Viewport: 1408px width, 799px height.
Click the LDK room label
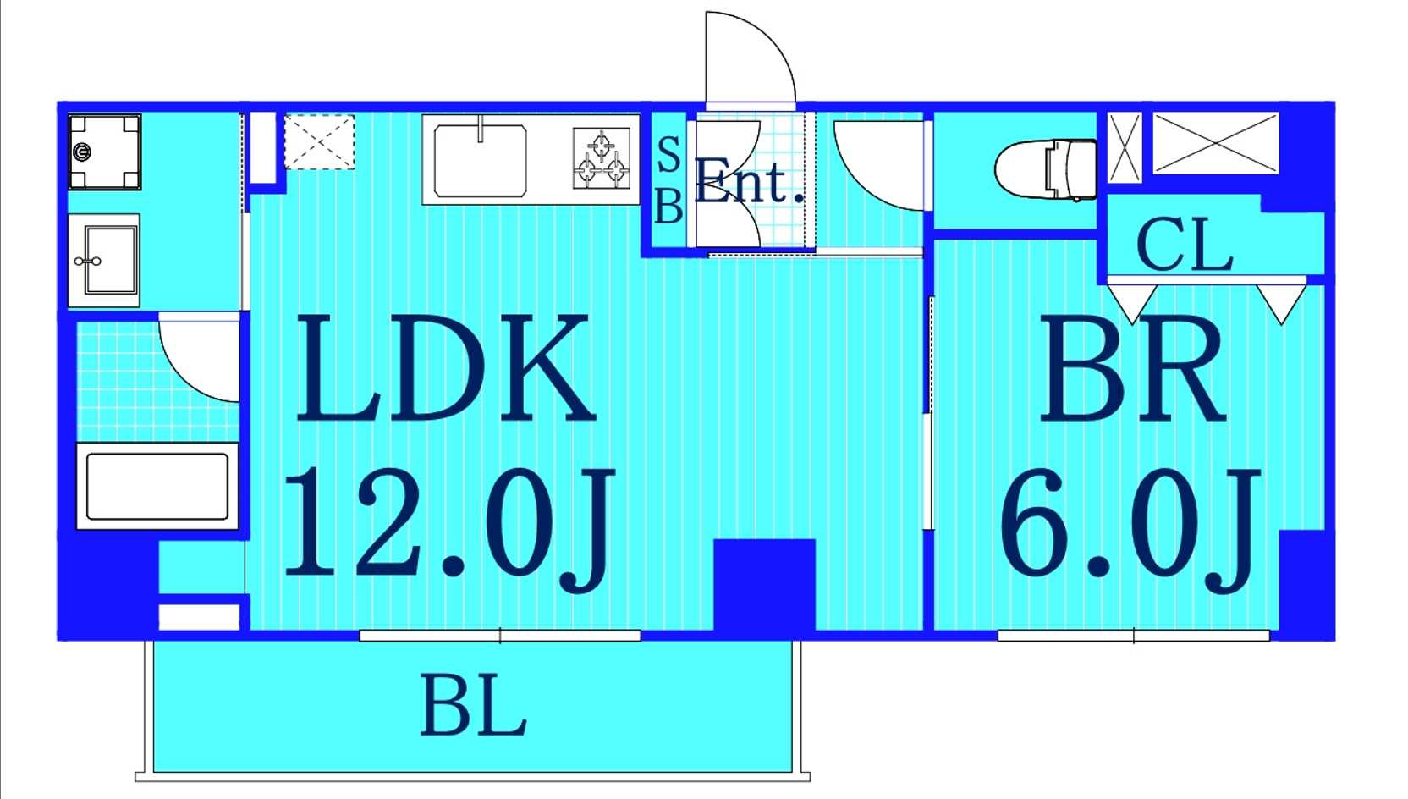446,367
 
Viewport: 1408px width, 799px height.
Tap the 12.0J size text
448,529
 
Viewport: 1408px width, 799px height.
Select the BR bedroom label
1131,367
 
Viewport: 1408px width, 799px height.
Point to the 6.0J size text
1130,529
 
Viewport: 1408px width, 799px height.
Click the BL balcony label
473,704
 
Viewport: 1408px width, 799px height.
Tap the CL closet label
1185,245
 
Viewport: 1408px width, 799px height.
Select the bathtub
157,486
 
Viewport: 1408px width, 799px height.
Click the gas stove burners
602,157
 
